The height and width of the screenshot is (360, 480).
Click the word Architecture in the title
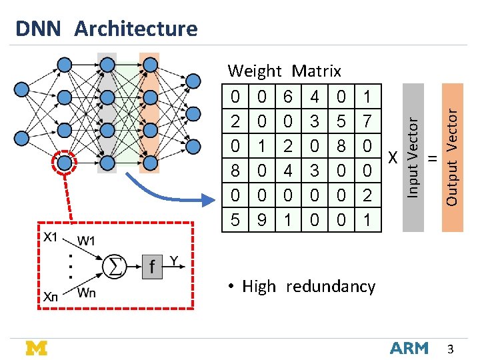(136, 29)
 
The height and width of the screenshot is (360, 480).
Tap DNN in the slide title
(38, 29)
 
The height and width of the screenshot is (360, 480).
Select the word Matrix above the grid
(316, 71)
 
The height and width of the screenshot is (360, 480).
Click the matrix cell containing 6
(288, 96)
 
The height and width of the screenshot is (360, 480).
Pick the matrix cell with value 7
(367, 121)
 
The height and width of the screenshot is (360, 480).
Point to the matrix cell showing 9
(262, 220)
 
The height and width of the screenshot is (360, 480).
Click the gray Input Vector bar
(413, 157)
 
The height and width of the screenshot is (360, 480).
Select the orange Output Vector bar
(453, 157)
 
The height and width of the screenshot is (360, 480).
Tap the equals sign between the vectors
(433, 158)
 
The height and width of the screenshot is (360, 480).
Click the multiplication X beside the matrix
(393, 157)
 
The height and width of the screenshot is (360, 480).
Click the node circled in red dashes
(64, 163)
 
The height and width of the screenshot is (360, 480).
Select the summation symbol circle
(114, 266)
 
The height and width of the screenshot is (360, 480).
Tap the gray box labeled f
(152, 267)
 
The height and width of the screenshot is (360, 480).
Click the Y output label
(174, 261)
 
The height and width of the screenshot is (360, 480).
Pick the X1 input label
(50, 237)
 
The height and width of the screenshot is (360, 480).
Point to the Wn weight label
(86, 293)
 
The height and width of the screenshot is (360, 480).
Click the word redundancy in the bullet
(331, 287)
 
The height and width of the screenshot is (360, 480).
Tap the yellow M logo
(37, 348)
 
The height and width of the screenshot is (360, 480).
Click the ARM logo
(409, 349)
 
